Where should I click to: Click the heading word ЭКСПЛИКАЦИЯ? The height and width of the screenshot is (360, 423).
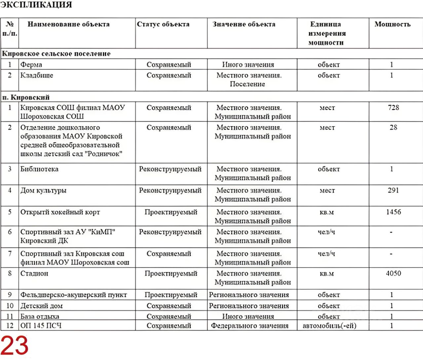coord(36,5)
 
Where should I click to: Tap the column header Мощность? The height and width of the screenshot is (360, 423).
coord(392,24)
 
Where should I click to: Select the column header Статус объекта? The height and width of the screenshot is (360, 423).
coord(163,24)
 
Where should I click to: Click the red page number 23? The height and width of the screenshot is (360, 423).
coord(15,345)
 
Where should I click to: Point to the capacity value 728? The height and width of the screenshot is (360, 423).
coord(393,108)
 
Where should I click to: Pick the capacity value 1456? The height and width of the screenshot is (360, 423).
coord(393,212)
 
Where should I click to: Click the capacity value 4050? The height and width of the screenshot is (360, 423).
coord(393,273)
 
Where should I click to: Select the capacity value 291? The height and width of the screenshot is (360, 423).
coord(393,191)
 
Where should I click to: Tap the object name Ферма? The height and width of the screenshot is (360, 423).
coord(31,65)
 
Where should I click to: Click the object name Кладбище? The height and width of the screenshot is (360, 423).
coord(37,76)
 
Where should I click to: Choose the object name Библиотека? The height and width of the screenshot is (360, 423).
coord(39,169)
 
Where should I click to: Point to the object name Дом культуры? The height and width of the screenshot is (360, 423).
coord(43,191)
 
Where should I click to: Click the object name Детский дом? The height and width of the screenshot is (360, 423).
coord(41,306)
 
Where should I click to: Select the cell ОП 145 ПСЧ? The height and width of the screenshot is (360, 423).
coord(41,326)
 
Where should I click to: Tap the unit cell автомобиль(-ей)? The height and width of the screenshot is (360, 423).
coord(329,326)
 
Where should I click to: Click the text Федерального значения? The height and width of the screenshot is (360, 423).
coord(250,326)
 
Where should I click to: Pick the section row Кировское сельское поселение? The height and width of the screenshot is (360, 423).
coord(57,54)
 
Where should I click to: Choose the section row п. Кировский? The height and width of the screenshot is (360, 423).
coord(26,97)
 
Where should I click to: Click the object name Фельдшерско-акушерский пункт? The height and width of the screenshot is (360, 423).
coord(73,295)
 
